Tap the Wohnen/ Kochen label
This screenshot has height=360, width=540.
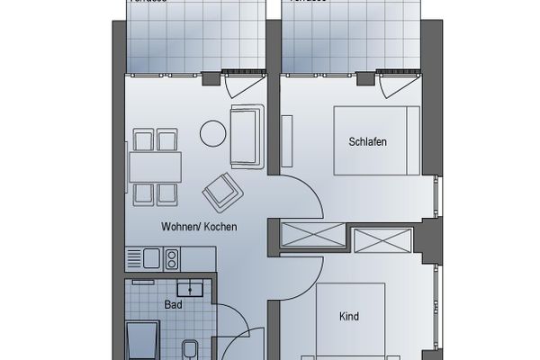pyautogui.click(x=199, y=227)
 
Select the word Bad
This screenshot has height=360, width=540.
pyautogui.click(x=173, y=304)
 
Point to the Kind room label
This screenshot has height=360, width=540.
pyautogui.click(x=349, y=317)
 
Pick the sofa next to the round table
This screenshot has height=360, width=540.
pyautogui.click(x=247, y=136)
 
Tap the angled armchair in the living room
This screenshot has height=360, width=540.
pyautogui.click(x=221, y=190)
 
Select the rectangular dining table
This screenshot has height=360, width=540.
pyautogui.click(x=155, y=166)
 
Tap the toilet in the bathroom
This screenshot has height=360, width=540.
pyautogui.click(x=191, y=349)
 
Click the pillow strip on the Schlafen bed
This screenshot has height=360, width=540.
pyautogui.click(x=410, y=140)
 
